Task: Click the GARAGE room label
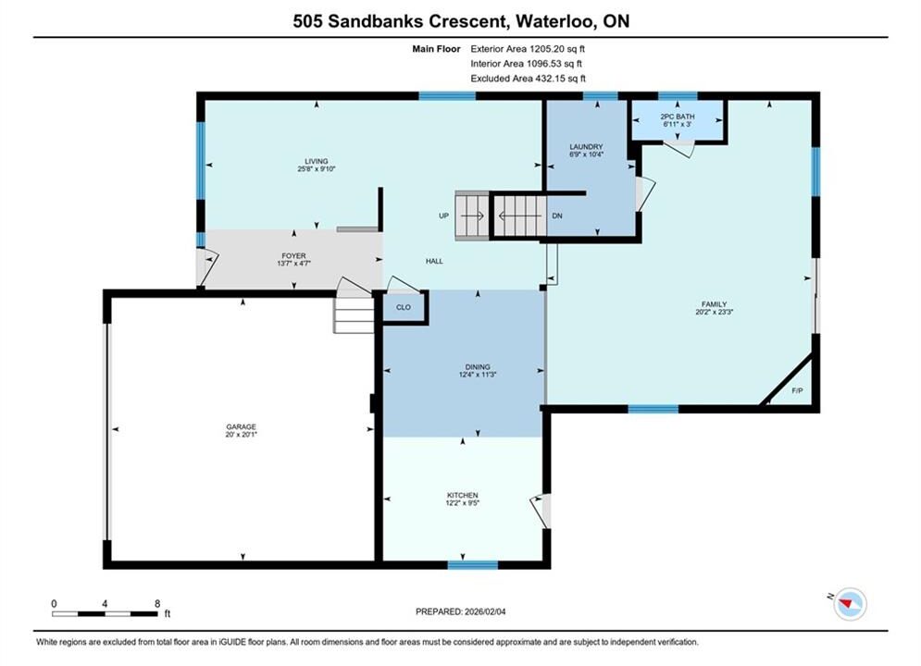pos(241,427)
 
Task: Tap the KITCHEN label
pos(462,495)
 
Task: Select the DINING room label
pos(478,366)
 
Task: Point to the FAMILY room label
pos(715,304)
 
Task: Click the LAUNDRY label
pos(586,147)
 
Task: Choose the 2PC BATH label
pos(678,117)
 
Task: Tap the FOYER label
pos(293,256)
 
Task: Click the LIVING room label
pos(316,161)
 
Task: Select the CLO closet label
pos(404,307)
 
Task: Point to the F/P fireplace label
pos(797,390)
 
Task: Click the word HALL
pos(435,261)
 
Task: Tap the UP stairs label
pos(443,216)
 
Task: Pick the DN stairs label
pos(557,216)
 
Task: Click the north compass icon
pos(850,603)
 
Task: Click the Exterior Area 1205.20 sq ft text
pos(528,49)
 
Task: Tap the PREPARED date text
pos(461,611)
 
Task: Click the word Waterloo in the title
pos(554,21)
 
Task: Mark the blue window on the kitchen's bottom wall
pos(473,565)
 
